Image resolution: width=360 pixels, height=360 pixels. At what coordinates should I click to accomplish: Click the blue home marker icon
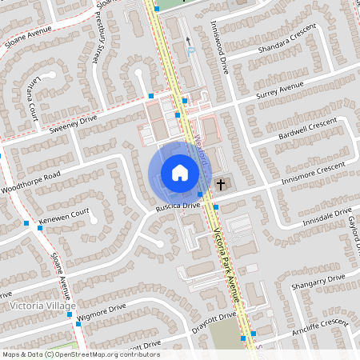(x=179, y=172)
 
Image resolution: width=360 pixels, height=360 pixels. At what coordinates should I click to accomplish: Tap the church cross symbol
(x=221, y=185)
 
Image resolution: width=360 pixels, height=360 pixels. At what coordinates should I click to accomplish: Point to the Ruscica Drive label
(x=177, y=206)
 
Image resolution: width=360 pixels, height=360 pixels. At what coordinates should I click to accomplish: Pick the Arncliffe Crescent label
(x=320, y=326)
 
